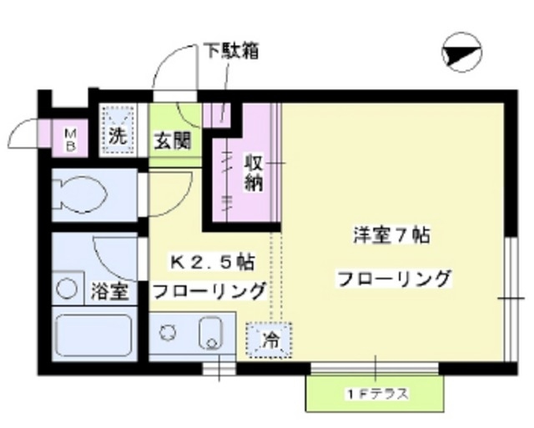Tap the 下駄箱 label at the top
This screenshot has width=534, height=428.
(231, 51)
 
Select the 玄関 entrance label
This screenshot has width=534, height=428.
(171, 139)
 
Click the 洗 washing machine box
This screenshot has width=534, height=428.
(118, 130)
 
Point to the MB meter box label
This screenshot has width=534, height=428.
(71, 138)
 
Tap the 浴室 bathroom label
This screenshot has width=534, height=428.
(109, 292)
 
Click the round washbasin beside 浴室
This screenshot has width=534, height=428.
(65, 289)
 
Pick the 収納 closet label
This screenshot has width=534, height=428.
(254, 172)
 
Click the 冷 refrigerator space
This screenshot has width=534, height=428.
(270, 340)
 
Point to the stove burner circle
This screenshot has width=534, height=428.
(169, 331)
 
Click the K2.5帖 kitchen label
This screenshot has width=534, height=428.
(212, 262)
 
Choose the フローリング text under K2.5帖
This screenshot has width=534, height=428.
(208, 290)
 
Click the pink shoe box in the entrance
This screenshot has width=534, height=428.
(219, 114)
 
